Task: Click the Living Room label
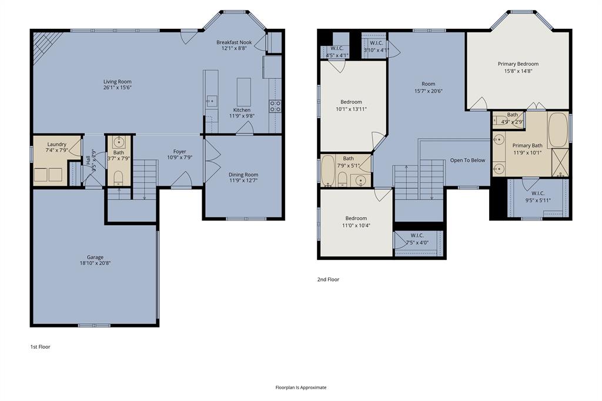point(118,82)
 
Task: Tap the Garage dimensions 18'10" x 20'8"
point(95,263)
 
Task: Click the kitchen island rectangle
point(243,92)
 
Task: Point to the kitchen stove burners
point(275,106)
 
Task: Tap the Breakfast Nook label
point(234,42)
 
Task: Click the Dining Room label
point(243,175)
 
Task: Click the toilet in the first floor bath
point(118,178)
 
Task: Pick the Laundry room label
point(57,144)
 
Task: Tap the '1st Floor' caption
point(41,347)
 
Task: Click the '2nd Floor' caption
point(328,279)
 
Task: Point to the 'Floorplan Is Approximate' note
point(301,387)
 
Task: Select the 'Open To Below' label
point(467,160)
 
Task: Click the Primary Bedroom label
point(518,64)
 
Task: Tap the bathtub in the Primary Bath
point(557,129)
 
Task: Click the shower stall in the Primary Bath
point(560,162)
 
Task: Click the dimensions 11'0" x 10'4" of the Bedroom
point(356,225)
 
